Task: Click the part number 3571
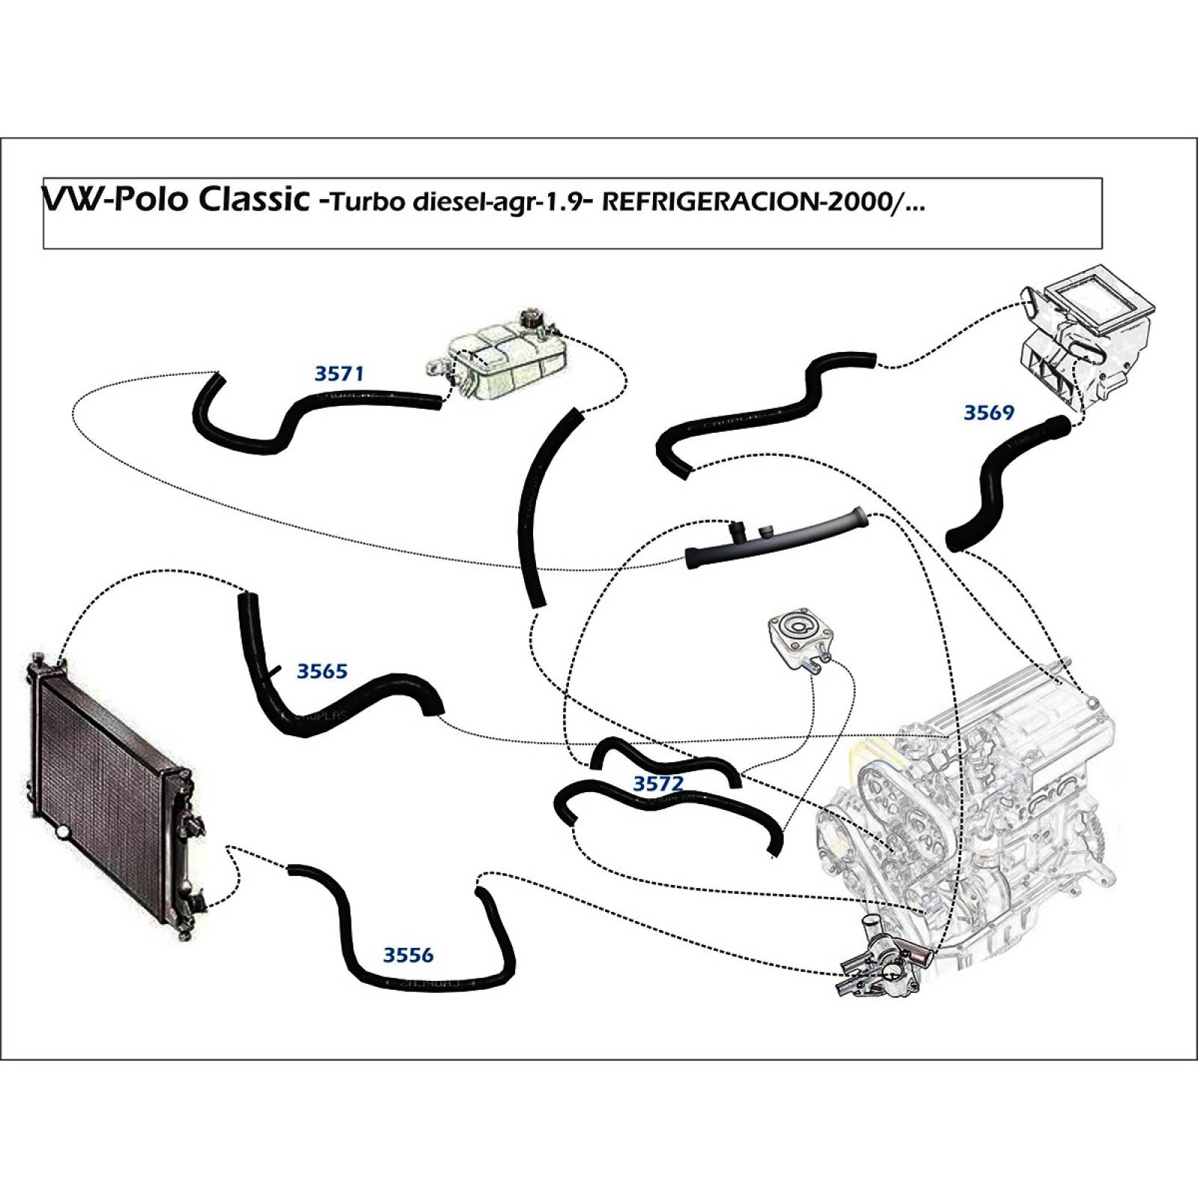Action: tap(338, 373)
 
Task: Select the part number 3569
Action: tap(988, 413)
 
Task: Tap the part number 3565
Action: tap(322, 671)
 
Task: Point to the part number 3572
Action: tap(658, 783)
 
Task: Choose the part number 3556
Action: tap(408, 955)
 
